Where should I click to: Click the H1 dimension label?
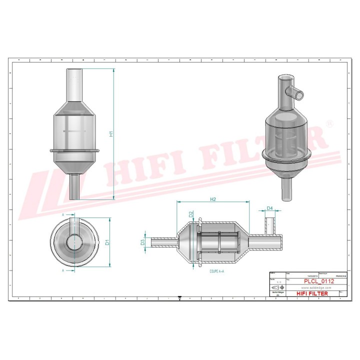point(111,134)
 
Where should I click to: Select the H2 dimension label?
point(212,199)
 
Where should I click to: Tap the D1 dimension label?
point(107,243)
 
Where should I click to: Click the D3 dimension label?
point(143,242)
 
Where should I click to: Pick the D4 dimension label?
point(269,207)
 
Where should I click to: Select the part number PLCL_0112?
point(318,281)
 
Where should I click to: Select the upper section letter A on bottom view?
point(63,214)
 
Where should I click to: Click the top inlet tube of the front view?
point(74,85)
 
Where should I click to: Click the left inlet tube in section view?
point(163,242)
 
